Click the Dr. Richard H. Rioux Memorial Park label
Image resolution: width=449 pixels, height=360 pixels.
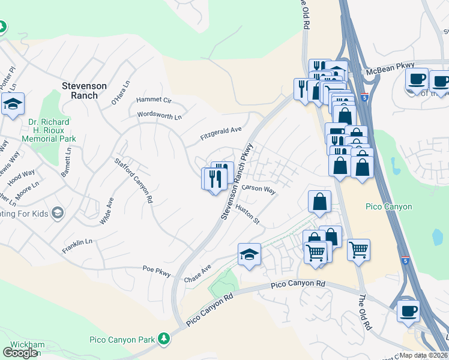(x=49, y=130)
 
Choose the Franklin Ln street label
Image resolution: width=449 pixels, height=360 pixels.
(x=77, y=246)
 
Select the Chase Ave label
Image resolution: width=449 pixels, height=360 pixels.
(x=197, y=274)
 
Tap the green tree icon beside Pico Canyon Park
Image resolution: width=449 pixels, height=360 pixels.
(x=163, y=340)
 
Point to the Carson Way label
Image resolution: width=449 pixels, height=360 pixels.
(x=258, y=189)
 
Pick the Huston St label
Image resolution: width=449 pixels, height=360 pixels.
(x=247, y=215)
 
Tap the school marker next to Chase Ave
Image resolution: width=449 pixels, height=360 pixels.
(x=249, y=254)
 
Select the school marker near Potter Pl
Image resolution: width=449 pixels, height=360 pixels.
(x=13, y=104)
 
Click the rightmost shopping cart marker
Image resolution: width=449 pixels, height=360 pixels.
(x=358, y=249)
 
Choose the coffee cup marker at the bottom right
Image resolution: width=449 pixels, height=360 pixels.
(x=408, y=310)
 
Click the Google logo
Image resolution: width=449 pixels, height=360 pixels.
(x=20, y=352)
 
